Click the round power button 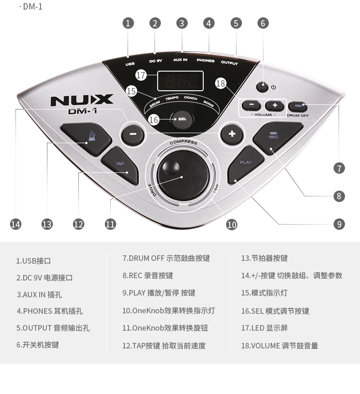(x=262, y=87)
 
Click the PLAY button (x=246, y=165)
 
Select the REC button (x=277, y=138)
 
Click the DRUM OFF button (x=298, y=107)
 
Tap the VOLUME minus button (x=251, y=105)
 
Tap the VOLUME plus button (x=275, y=105)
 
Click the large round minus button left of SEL (x=133, y=134)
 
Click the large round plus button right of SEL (x=231, y=134)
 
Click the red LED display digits (x=180, y=81)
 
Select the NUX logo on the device (x=82, y=100)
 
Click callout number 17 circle (x=141, y=75)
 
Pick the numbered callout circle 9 (x=339, y=224)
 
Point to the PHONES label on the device (x=206, y=60)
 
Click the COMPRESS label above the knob (x=184, y=142)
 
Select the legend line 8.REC (x=148, y=275)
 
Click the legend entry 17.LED (x=264, y=328)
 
